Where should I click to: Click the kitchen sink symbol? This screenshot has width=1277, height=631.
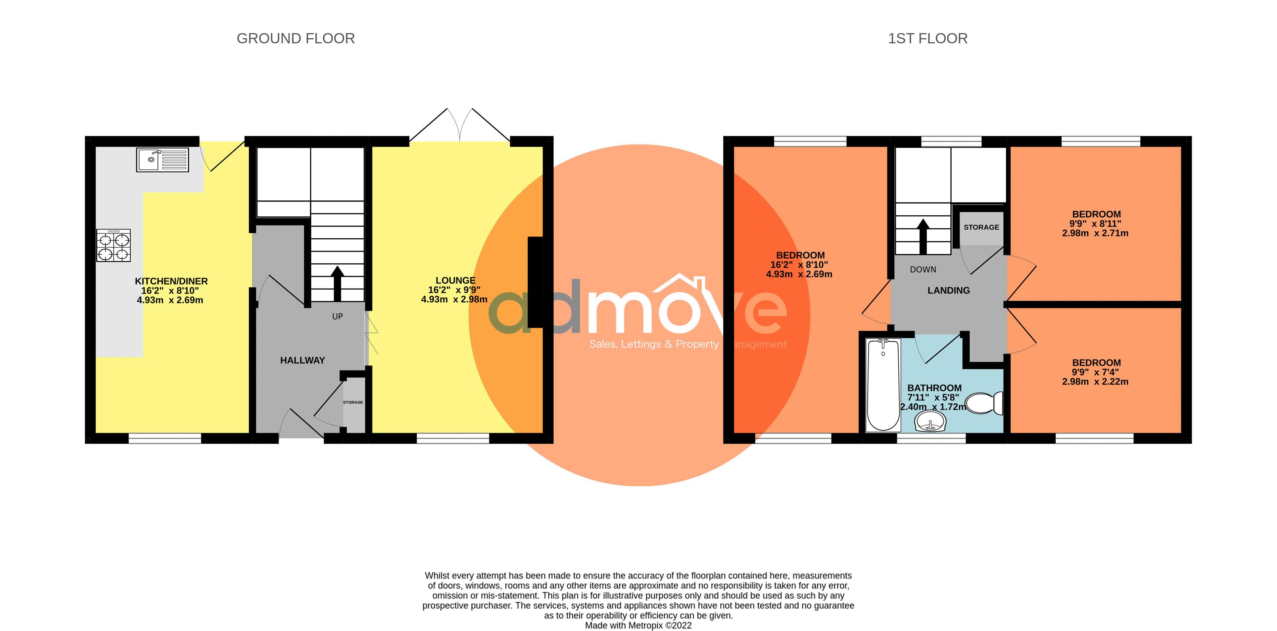(162, 159)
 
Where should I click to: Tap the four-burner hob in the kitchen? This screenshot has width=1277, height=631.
(114, 245)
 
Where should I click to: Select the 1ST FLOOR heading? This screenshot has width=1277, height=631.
(927, 38)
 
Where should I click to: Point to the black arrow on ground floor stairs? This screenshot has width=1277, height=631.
(337, 283)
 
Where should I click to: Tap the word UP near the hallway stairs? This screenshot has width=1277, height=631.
(337, 317)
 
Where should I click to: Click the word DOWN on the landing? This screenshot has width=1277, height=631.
(923, 269)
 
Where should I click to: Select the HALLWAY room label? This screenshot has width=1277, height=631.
(302, 360)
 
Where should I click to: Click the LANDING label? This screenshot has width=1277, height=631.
(948, 290)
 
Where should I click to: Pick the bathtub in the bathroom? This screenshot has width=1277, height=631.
(883, 385)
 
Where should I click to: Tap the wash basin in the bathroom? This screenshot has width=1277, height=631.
(930, 423)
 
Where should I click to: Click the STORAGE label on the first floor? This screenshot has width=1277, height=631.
(981, 227)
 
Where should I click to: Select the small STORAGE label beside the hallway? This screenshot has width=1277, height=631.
(353, 402)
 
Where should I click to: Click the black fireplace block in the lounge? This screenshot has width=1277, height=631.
(535, 282)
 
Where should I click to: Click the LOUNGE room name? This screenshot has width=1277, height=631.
(455, 280)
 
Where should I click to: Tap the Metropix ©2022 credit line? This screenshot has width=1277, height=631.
(638, 625)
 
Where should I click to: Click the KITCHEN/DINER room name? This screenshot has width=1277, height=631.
(171, 281)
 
